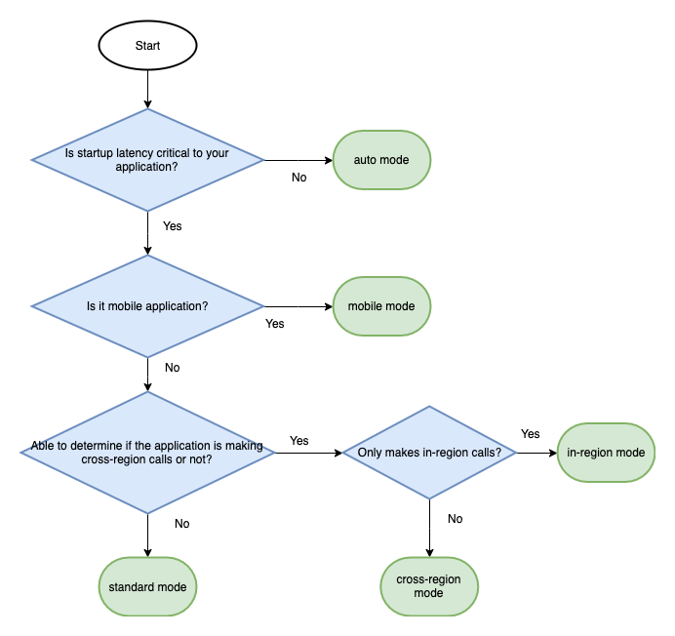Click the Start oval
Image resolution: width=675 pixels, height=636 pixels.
point(147,45)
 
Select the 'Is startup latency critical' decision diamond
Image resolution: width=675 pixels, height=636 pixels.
point(147,159)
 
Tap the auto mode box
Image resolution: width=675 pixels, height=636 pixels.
point(381,159)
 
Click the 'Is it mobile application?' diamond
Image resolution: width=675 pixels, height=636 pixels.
point(147,306)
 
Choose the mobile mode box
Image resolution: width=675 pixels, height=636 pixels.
point(381,306)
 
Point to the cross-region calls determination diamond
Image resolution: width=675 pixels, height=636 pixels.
point(147,453)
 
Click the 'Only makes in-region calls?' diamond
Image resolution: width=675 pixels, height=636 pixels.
point(429,453)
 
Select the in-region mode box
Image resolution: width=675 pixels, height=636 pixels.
point(606,453)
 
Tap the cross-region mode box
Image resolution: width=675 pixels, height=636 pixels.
point(429,586)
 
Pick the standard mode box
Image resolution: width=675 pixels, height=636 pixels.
point(147,586)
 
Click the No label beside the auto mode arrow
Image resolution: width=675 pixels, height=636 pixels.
point(299,178)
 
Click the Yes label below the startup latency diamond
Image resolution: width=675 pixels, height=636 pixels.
point(172,226)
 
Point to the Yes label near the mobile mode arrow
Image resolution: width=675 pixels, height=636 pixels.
point(275,324)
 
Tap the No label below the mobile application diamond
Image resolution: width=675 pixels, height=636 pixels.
point(172,368)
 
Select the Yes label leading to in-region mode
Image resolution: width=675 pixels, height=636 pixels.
point(530,434)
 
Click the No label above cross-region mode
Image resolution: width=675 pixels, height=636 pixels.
point(455,519)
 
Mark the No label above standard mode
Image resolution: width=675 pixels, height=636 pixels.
point(181,524)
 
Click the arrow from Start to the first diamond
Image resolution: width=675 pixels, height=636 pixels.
point(147,89)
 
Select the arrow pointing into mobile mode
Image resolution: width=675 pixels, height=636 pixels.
point(298,306)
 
